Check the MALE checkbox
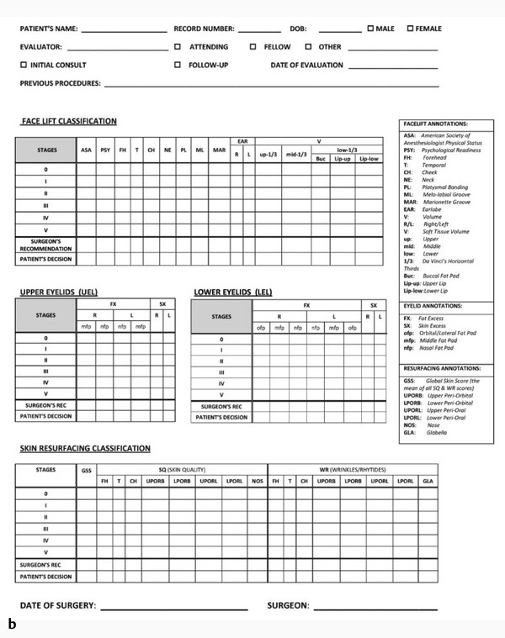click(370, 29)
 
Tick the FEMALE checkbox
click(410, 29)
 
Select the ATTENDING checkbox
click(178, 47)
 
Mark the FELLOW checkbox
click(252, 47)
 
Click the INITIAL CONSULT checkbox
click(23, 65)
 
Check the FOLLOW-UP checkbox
click(178, 65)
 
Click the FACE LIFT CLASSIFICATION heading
click(69, 122)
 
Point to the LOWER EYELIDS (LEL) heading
click(232, 292)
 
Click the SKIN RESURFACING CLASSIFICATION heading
click(85, 449)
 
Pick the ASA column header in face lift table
click(86, 150)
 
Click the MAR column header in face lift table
click(219, 150)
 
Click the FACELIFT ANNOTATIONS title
click(435, 124)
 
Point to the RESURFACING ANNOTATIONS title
click(443, 368)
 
